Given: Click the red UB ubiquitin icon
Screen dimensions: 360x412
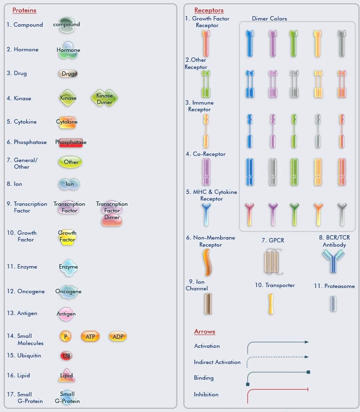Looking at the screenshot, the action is (66, 355).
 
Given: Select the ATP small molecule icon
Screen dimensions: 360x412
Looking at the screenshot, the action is (90, 336).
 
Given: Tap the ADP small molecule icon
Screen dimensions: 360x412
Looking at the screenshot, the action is (118, 336).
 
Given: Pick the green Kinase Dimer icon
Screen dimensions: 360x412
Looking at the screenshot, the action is (105, 98).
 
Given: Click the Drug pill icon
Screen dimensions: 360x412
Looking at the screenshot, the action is (68, 74).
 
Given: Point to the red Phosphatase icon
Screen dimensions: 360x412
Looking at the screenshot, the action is (71, 143).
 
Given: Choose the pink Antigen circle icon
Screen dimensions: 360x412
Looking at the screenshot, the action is (66, 314).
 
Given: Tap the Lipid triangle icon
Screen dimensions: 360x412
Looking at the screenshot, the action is (67, 376).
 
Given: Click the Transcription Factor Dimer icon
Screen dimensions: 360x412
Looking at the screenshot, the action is (112, 213).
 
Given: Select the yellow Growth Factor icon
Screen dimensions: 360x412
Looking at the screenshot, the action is (68, 237).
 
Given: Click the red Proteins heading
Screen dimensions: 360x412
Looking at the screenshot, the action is (24, 10).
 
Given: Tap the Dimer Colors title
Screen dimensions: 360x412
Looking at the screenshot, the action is (269, 19).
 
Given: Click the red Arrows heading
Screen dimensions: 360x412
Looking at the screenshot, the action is (204, 332).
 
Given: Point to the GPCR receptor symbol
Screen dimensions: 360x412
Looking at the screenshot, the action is (272, 262).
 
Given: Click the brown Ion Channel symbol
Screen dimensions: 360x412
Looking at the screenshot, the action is (208, 304).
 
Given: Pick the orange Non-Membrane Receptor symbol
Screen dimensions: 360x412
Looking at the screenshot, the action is (207, 262).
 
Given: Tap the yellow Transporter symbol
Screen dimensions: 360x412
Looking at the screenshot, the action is (271, 304).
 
